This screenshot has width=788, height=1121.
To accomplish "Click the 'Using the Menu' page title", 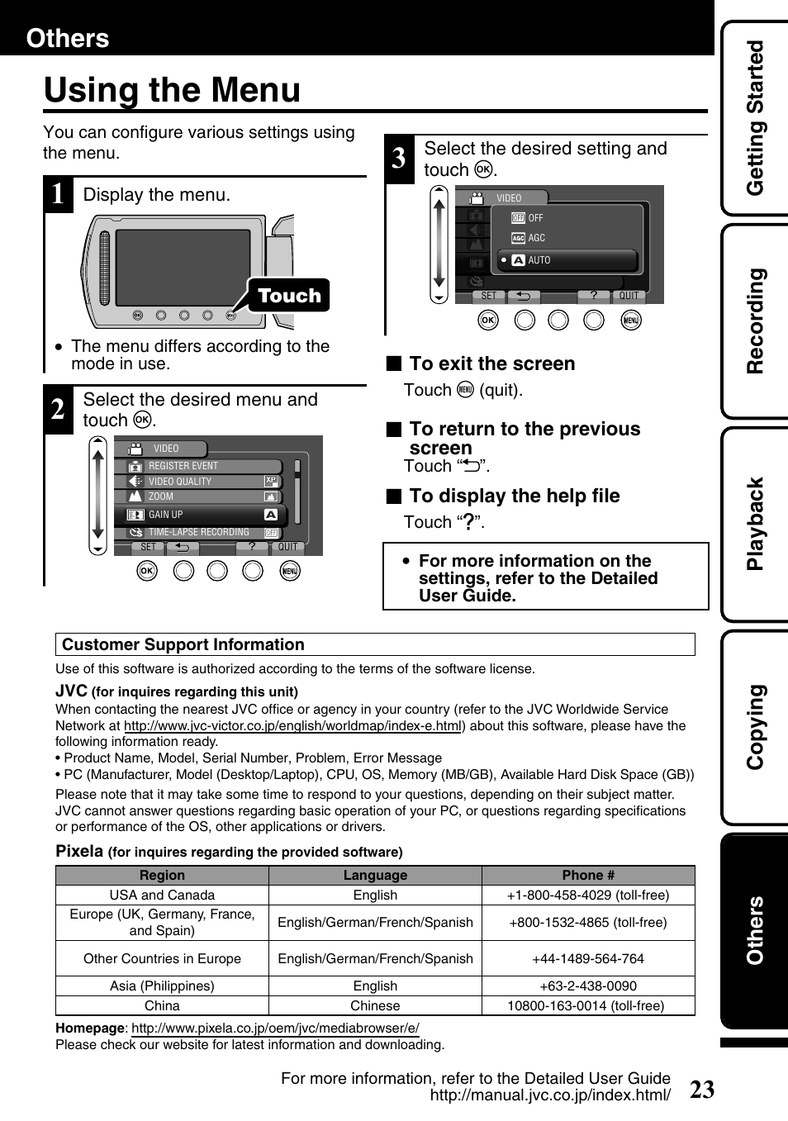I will click(x=172, y=90).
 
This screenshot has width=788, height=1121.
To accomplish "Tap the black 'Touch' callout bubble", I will click(x=288, y=296).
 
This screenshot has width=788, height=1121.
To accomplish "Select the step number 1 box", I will click(x=58, y=195).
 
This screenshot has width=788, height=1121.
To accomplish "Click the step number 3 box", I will click(x=399, y=157).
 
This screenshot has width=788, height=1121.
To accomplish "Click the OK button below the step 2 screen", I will click(x=147, y=571).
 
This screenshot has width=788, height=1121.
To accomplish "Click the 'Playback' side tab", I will click(x=755, y=524).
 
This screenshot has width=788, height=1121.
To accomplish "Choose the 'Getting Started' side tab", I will click(x=755, y=118).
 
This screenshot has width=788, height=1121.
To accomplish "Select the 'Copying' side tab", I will click(x=755, y=727).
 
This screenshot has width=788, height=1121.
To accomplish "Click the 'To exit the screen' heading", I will click(x=491, y=363).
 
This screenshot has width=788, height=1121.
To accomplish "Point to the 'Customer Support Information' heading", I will click(x=183, y=644).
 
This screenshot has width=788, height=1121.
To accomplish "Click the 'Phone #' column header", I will click(x=588, y=875).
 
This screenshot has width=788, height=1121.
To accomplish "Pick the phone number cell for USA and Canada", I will click(x=588, y=895).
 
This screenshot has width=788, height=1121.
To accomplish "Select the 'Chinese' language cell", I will click(x=375, y=1005).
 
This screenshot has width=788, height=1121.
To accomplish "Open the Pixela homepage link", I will click(x=275, y=1028).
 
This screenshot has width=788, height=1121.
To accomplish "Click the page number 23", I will click(x=701, y=1090).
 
